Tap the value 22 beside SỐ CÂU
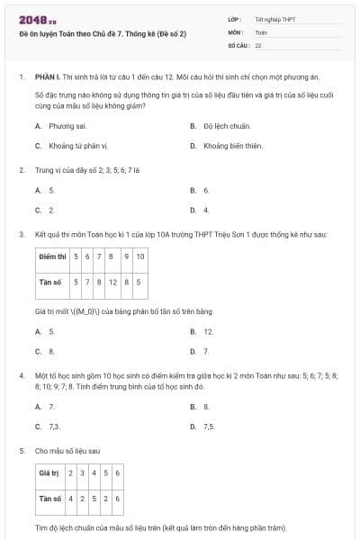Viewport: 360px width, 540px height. pyautogui.click(x=258, y=44)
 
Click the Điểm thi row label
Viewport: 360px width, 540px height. pyautogui.click(x=53, y=256)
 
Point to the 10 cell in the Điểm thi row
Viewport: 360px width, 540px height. pyautogui.click(x=139, y=256)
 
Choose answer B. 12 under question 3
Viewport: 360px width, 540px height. pyautogui.click(x=202, y=331)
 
